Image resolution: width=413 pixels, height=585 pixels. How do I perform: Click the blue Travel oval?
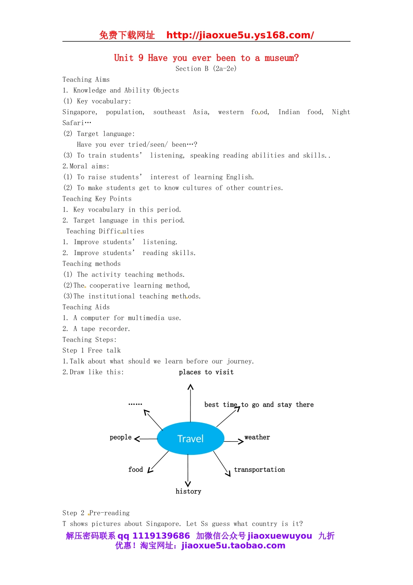[x=190, y=438]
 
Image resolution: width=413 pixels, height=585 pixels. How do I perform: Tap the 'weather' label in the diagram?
[x=257, y=437]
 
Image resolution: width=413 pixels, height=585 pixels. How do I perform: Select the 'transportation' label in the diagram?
[x=259, y=470]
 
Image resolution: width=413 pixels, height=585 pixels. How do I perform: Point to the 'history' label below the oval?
[x=188, y=491]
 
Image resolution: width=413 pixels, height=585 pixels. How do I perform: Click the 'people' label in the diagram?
[x=120, y=437]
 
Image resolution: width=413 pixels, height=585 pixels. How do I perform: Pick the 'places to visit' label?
[x=206, y=372]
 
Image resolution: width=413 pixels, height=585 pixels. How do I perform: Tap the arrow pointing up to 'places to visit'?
[x=190, y=403]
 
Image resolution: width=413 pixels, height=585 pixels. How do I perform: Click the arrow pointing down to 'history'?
[x=188, y=470]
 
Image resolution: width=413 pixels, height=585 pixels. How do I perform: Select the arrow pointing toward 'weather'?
[x=234, y=441]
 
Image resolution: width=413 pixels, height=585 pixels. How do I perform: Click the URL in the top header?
[x=240, y=35]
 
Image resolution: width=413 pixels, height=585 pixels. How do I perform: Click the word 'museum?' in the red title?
[x=282, y=58]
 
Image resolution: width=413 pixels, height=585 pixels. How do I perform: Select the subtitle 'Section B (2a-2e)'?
[x=206, y=69]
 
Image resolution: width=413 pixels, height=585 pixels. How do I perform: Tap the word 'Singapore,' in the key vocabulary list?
[x=80, y=112]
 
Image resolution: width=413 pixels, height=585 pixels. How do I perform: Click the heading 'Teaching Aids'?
[x=86, y=307]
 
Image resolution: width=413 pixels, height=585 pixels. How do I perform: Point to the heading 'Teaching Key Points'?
[x=97, y=199]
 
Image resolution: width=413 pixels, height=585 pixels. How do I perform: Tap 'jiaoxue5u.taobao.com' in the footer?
[x=233, y=546]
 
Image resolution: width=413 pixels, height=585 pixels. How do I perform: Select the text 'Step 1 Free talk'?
[x=92, y=350]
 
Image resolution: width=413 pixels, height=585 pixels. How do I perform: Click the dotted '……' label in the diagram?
[x=135, y=404]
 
